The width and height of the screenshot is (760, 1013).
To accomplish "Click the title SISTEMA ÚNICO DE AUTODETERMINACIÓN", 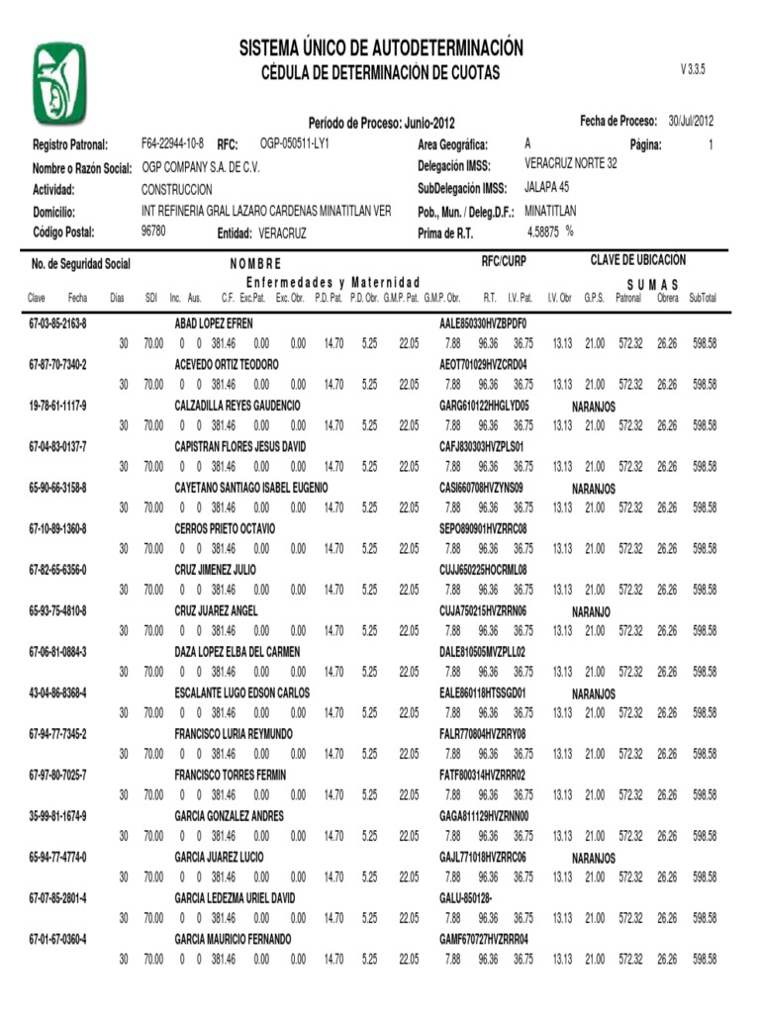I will [380, 48].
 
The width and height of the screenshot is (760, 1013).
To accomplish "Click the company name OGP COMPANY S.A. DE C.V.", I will [201, 166].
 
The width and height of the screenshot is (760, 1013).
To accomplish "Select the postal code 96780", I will [153, 230].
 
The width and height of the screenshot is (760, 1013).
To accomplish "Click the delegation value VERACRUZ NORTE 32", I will [570, 164].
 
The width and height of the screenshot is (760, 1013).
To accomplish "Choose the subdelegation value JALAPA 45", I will [546, 187].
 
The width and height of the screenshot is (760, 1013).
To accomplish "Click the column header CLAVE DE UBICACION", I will [637, 260].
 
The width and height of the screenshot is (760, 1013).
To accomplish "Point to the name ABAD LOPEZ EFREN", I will [214, 323].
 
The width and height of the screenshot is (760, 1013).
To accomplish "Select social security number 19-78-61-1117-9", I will [57, 406].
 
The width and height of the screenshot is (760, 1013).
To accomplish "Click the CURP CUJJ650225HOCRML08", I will [483, 570].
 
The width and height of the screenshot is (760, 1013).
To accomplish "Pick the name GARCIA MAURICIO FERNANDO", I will [233, 939].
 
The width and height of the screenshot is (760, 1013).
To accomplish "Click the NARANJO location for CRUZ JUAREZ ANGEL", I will [591, 611].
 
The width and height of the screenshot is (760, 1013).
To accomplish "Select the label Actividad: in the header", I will [53, 189].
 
